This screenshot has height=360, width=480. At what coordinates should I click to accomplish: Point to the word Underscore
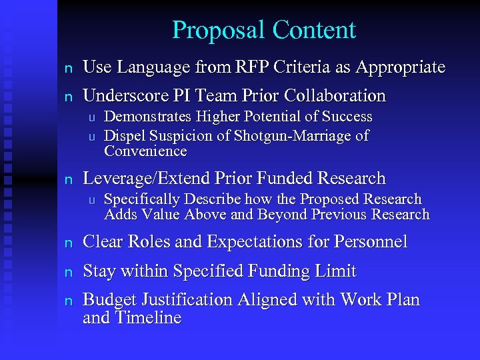point(124,96)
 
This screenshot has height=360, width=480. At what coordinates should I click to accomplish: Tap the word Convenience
point(145,151)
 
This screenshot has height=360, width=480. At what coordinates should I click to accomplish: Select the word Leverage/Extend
point(147,179)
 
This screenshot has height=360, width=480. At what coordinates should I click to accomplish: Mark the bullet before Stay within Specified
point(67,272)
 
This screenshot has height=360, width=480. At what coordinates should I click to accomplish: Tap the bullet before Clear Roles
point(67,243)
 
